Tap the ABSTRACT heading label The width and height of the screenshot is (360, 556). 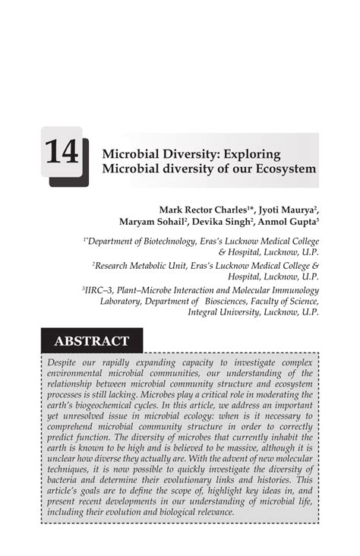pyautogui.click(x=90, y=341)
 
